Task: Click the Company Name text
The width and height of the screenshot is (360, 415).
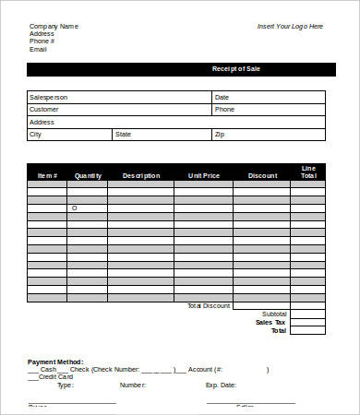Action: pos(54,26)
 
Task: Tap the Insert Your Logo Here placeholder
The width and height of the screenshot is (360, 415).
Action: pos(290,26)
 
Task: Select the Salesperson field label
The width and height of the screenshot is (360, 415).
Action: pos(49,97)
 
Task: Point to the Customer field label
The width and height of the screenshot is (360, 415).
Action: pos(45,109)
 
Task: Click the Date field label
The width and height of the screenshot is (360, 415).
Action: pos(222,97)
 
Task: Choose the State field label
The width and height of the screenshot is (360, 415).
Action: pos(123,134)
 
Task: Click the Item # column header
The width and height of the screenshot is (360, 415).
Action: pos(47,175)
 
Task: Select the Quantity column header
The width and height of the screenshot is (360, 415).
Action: pos(88,175)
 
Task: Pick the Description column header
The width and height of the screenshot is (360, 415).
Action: pos(140,175)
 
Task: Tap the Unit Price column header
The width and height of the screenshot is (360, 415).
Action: pos(203,175)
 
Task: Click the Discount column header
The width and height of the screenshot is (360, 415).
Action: pos(262,175)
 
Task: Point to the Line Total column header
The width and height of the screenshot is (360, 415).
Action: pos(308,172)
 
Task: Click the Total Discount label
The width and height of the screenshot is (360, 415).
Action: pos(208,305)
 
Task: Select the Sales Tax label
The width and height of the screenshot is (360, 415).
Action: pos(271,322)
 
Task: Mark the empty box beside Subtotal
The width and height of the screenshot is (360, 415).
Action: pos(307,314)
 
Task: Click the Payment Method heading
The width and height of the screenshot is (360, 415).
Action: pos(55,362)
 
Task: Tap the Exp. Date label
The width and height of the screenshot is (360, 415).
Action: pos(221,385)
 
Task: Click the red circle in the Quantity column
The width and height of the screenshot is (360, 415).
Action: pos(75,207)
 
